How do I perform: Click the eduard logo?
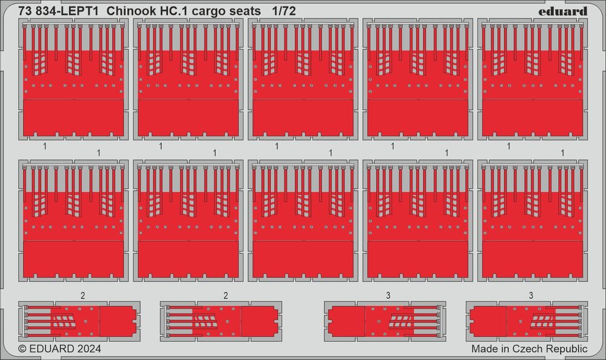[x=563, y=12]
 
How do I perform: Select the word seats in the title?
[x=244, y=12]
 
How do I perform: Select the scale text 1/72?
[x=284, y=12]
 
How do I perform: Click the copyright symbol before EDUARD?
[x=22, y=348]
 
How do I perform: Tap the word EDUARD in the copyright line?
[x=52, y=348]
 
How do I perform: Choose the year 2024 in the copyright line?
[x=89, y=348]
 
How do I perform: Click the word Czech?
[x=525, y=348]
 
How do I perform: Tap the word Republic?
[x=565, y=349]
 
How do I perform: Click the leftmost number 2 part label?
[x=82, y=296]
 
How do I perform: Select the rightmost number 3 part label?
[x=531, y=296]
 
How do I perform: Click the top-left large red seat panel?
[x=73, y=79]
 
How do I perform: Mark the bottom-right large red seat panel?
[x=533, y=221]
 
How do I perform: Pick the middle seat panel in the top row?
[x=303, y=79]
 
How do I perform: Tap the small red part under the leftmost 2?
[x=79, y=321]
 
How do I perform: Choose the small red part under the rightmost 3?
[x=527, y=321]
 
